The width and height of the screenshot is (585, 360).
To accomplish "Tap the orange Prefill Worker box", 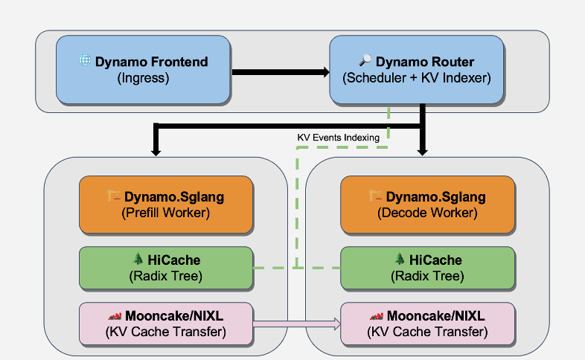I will [166, 205].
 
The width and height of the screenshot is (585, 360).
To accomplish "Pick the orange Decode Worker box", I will [427, 205].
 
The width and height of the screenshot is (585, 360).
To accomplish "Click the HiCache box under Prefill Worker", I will [166, 268].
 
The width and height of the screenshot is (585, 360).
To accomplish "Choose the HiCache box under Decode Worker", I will [427, 268].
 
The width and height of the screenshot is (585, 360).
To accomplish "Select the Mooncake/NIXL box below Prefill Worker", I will [166, 324].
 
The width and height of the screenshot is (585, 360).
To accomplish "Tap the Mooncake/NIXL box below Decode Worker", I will [427, 324].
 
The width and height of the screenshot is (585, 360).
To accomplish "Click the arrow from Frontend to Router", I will [280, 72].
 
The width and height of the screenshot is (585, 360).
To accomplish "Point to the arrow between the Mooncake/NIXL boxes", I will [297, 324].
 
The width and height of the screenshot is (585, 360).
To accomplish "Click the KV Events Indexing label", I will [338, 138].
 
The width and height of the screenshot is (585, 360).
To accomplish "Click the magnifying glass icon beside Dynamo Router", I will [365, 61].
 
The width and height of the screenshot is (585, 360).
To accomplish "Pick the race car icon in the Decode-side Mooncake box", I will [377, 316].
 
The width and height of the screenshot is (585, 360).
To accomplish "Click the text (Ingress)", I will [144, 77].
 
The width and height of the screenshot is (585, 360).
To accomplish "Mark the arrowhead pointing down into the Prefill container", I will [156, 151].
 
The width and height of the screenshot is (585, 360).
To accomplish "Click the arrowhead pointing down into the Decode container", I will [423, 151].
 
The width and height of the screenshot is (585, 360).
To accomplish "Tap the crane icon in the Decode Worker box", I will [376, 196].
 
